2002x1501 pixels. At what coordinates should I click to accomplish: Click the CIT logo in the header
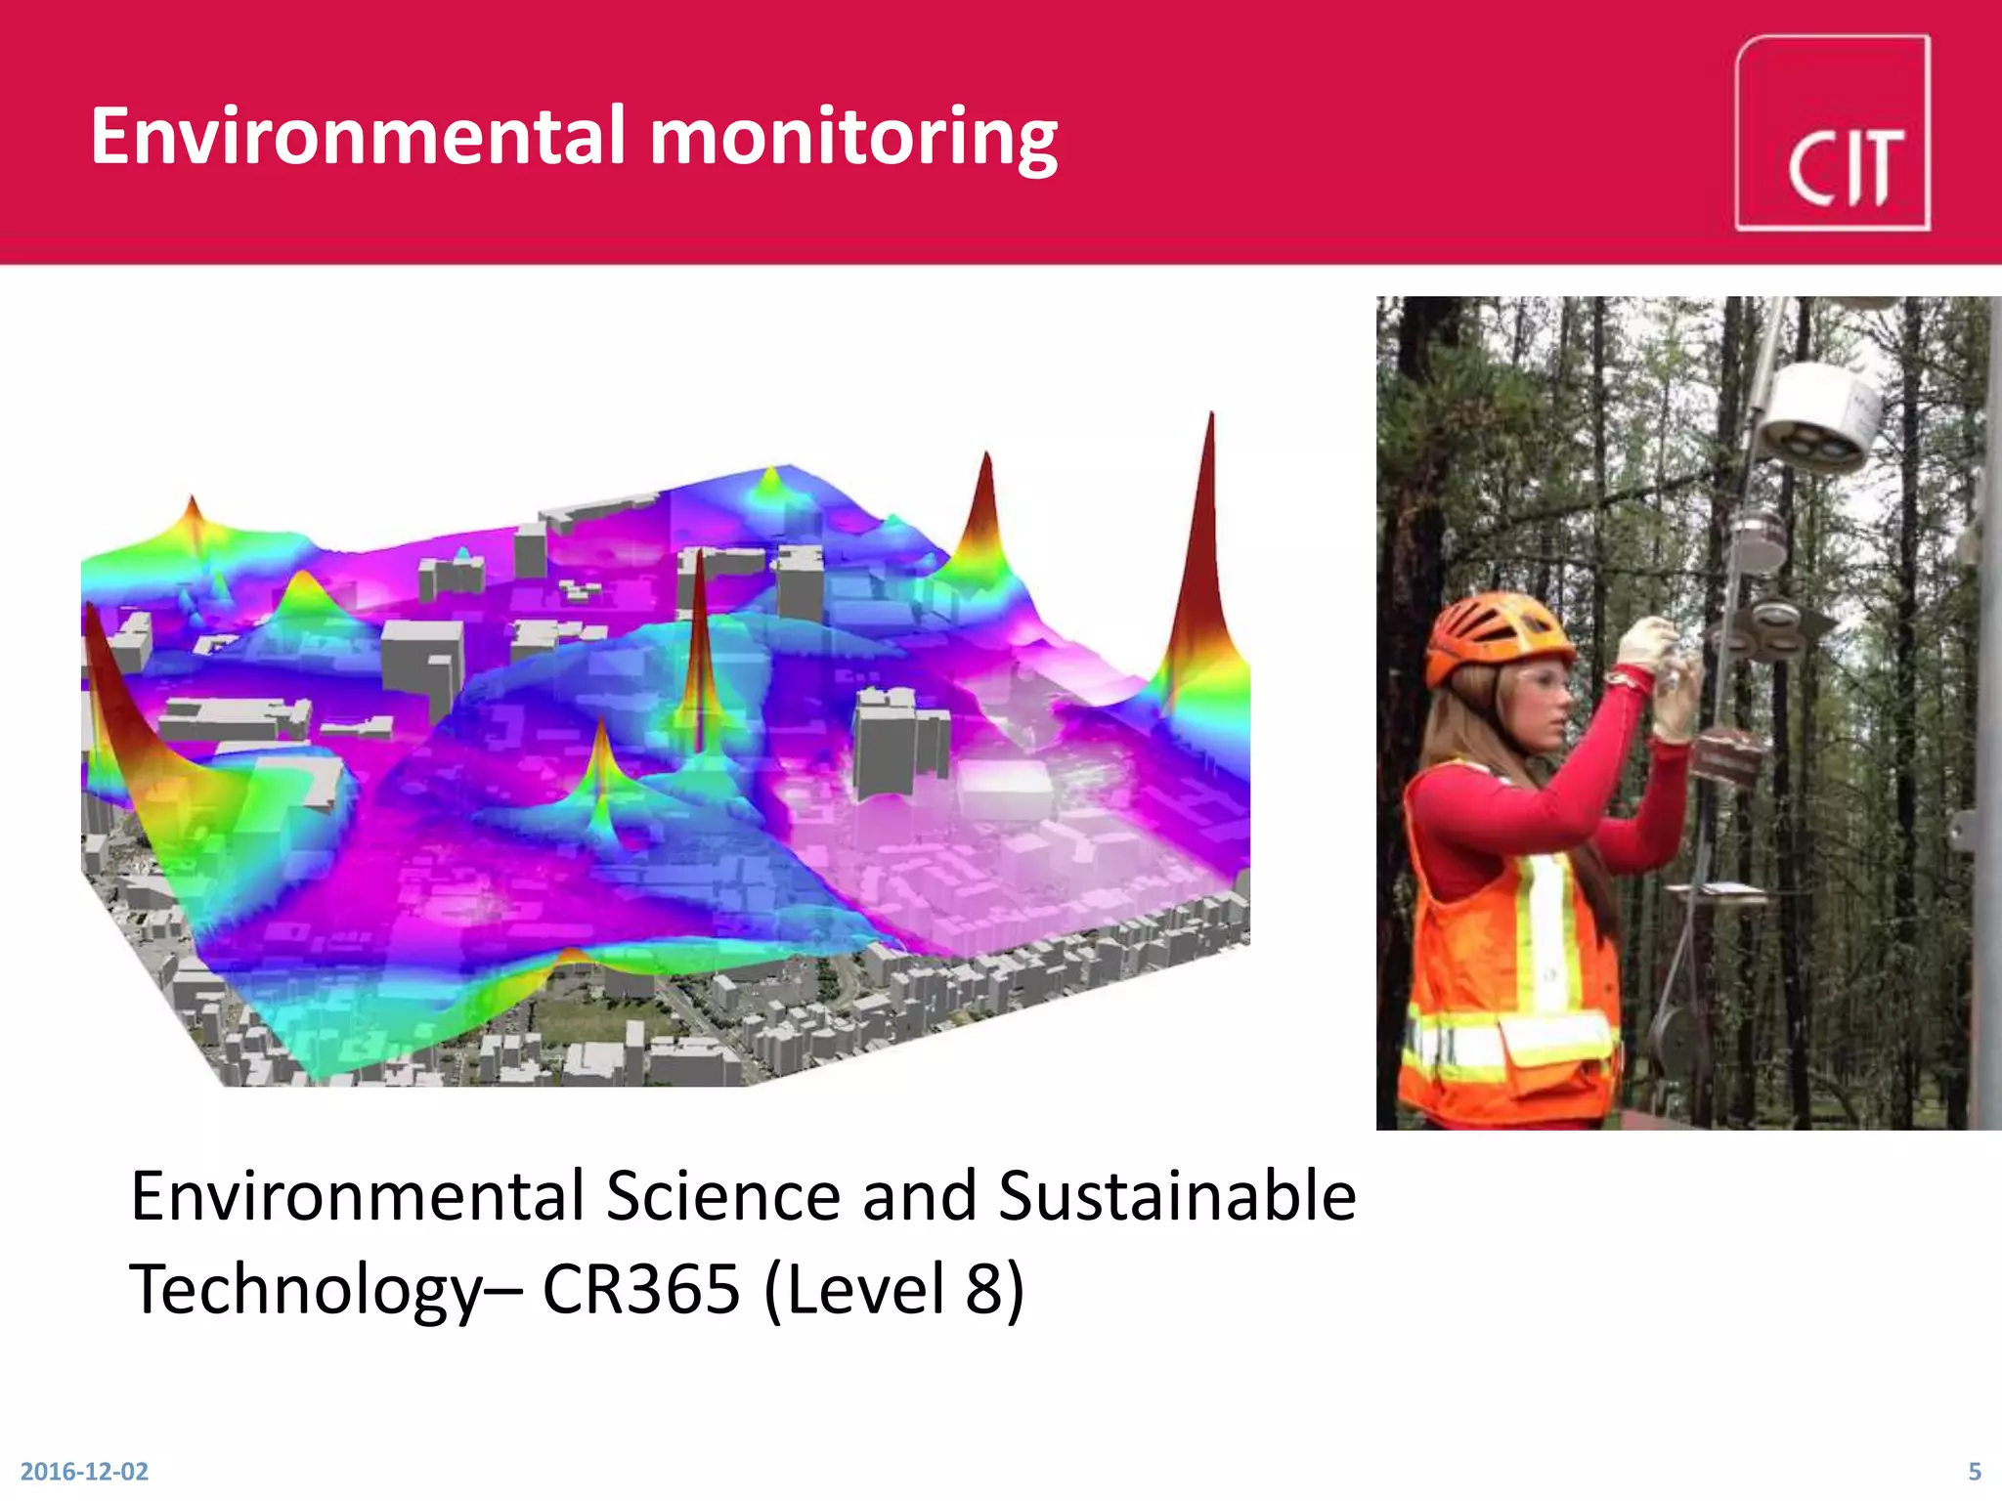[x=1832, y=134]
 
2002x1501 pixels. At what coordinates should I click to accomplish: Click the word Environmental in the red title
[x=358, y=137]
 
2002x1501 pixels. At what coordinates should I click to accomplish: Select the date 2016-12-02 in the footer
[x=84, y=1471]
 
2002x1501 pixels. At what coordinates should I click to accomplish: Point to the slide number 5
[x=1975, y=1471]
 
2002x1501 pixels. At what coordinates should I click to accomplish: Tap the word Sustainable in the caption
[x=1177, y=1196]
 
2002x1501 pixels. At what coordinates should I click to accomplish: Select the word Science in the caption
[x=722, y=1196]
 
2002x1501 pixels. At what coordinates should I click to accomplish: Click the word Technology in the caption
[x=305, y=1290]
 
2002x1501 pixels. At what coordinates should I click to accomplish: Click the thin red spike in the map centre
[x=699, y=645]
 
